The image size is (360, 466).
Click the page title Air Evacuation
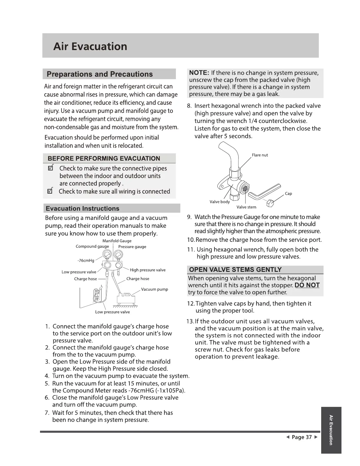click(x=90, y=46)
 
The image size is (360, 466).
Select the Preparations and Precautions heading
click(x=100, y=74)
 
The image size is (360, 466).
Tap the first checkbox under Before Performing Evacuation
click(x=50, y=169)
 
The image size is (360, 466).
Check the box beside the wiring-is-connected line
click(x=50, y=191)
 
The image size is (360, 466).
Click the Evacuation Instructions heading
click(x=83, y=209)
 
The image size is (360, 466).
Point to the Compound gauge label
click(x=92, y=247)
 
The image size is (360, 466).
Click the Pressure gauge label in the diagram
click(x=132, y=247)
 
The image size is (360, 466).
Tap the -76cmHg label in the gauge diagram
click(x=86, y=261)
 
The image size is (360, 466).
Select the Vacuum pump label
click(x=154, y=289)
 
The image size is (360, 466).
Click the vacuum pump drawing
click(x=126, y=298)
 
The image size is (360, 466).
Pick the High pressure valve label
click(x=148, y=270)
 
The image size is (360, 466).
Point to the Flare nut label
click(x=260, y=155)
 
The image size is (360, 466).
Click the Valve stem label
click(x=246, y=207)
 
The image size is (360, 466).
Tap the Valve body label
click(x=219, y=202)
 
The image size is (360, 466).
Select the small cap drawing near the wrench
click(x=270, y=203)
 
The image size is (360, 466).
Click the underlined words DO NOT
click(x=307, y=285)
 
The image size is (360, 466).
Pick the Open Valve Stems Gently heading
click(x=235, y=270)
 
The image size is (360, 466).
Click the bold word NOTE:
click(x=199, y=73)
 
